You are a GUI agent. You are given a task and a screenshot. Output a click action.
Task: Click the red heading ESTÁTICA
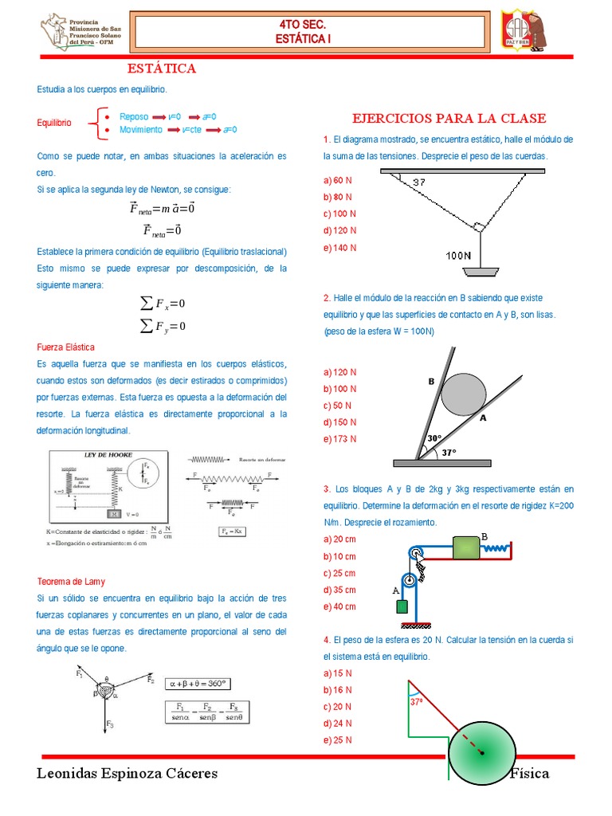[162, 69]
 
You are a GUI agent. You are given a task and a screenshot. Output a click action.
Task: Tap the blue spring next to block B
[495, 548]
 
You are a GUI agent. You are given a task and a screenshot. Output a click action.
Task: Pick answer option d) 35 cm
[339, 590]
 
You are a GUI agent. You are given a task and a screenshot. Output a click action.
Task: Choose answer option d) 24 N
[338, 724]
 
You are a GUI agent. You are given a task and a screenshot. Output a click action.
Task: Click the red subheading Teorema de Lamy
[71, 581]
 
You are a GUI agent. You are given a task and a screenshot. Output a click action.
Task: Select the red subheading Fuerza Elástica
[66, 347]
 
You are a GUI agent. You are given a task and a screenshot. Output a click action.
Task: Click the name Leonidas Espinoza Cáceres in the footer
[127, 774]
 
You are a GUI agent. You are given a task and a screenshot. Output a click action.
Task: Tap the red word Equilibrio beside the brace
[54, 123]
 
